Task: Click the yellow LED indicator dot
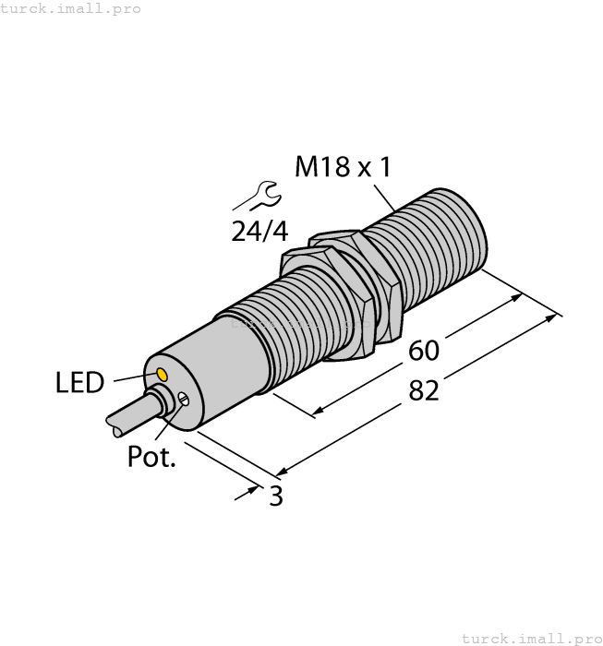[162, 374]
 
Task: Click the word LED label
[81, 383]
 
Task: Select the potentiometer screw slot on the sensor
[185, 400]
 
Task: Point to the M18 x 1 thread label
[343, 167]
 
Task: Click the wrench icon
[257, 196]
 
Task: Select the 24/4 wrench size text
[259, 231]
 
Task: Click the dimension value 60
[424, 351]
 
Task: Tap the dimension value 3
[275, 496]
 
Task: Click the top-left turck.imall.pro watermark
[71, 8]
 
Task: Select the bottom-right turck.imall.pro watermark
[530, 638]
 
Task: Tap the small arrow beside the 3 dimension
[247, 493]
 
